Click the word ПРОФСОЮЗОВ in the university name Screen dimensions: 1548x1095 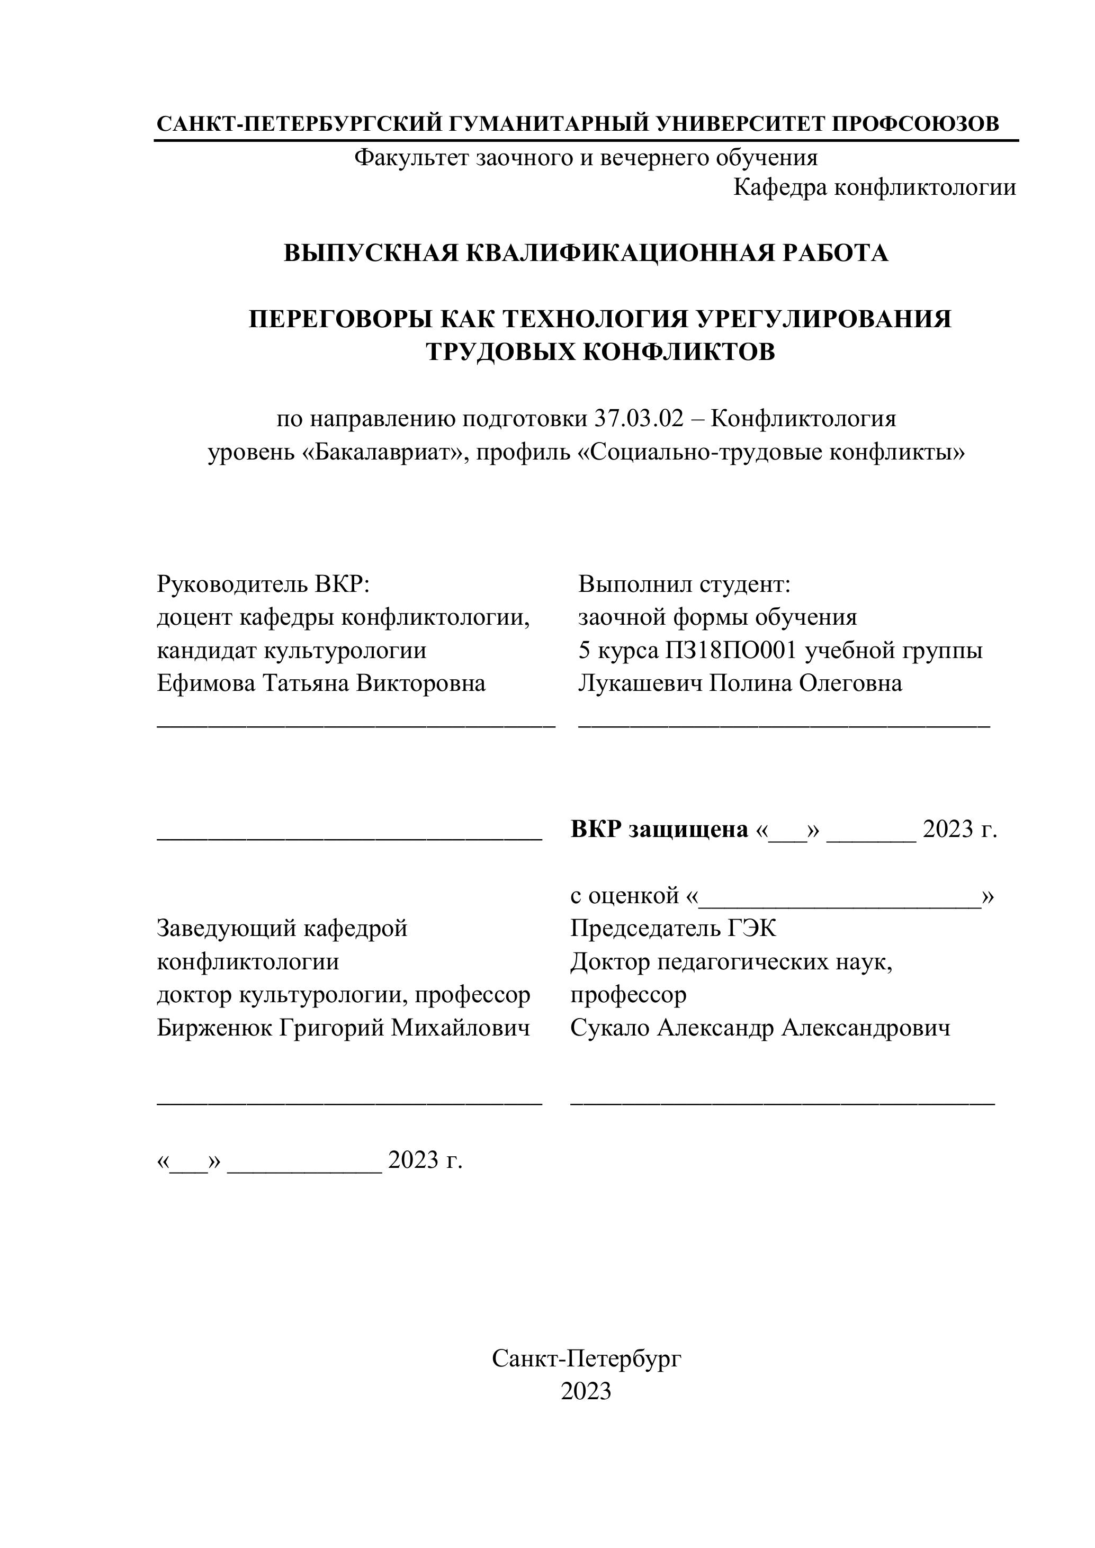[x=915, y=124]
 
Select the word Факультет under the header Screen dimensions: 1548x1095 [x=412, y=158]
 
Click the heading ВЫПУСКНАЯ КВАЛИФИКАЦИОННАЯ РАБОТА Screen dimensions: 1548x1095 [x=585, y=253]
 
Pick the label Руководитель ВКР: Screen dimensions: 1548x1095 [x=264, y=584]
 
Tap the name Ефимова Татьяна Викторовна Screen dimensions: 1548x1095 [x=321, y=683]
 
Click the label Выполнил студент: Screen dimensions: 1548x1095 [x=684, y=584]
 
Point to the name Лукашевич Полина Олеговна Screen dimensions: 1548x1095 [x=740, y=683]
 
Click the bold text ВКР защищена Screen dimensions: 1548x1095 [x=659, y=829]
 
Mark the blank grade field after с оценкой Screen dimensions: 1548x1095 [x=839, y=897]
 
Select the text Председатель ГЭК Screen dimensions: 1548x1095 [x=673, y=929]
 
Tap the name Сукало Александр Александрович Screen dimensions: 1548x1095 [x=760, y=1028]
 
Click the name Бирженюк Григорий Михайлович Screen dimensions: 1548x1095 [x=343, y=1028]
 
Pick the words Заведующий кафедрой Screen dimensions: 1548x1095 [x=282, y=929]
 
